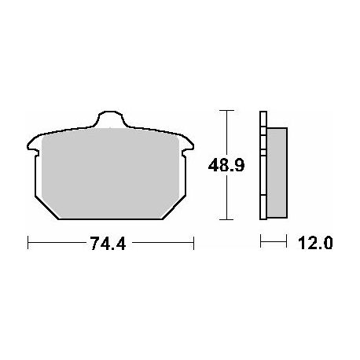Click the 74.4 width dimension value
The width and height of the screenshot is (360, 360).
[x=108, y=244]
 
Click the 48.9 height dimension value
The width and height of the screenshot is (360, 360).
[x=226, y=165]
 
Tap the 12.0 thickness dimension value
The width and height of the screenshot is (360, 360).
[x=315, y=243]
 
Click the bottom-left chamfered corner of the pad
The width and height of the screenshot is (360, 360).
[x=46, y=208]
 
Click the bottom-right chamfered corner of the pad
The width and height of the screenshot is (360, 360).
[x=174, y=208]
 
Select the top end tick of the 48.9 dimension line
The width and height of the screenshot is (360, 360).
[x=226, y=111]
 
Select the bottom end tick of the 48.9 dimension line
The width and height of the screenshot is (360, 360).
[x=226, y=219]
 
